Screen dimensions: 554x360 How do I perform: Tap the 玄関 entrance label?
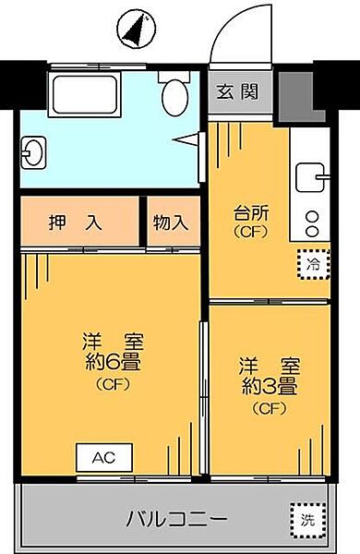[x=235, y=91]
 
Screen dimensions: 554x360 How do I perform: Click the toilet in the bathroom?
[x=173, y=93]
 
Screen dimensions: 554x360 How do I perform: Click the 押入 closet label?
[x=81, y=222]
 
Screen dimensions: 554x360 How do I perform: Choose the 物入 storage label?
[x=171, y=223]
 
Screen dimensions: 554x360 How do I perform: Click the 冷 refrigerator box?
[x=313, y=264]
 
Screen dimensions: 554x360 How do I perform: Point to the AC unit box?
[x=104, y=457]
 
